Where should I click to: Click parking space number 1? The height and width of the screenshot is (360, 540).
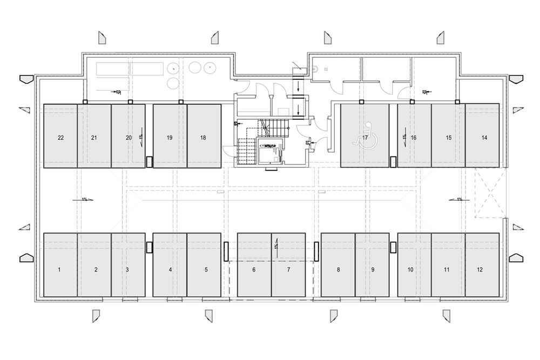click(60, 264)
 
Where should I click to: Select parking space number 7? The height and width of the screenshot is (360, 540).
click(288, 264)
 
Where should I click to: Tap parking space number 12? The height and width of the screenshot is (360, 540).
click(482, 264)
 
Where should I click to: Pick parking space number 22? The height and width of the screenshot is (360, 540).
click(60, 135)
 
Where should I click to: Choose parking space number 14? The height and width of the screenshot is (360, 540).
click(484, 135)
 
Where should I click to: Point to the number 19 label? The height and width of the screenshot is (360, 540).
click(170, 138)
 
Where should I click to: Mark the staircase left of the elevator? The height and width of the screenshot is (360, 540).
click(246, 151)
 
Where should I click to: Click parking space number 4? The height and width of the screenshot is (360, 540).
click(170, 264)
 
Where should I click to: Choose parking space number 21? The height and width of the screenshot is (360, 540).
click(94, 135)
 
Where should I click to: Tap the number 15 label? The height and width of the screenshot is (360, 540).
click(449, 138)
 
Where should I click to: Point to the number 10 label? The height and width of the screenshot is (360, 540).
click(411, 269)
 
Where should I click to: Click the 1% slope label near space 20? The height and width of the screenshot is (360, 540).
click(140, 137)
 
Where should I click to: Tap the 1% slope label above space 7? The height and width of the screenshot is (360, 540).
click(275, 246)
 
